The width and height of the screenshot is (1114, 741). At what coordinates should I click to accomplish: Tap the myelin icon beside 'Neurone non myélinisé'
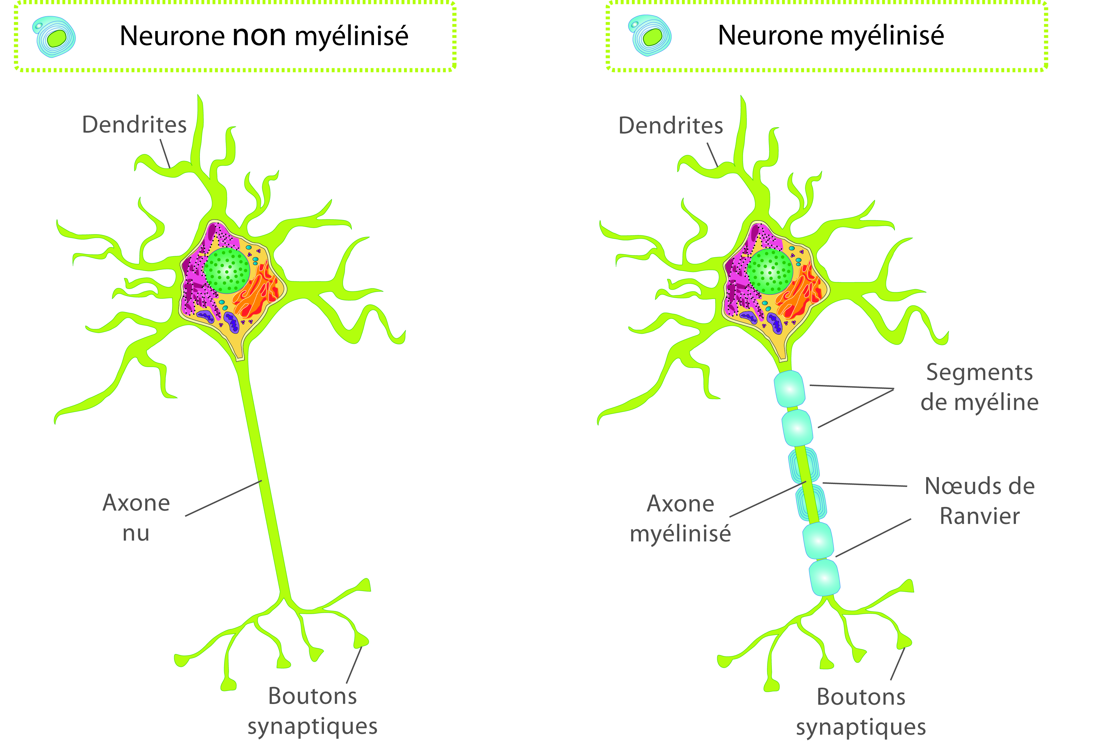click(x=54, y=37)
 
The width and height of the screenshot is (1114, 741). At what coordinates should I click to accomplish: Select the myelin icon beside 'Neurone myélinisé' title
click(x=651, y=36)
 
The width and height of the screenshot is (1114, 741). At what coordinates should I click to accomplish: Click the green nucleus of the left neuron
click(x=227, y=271)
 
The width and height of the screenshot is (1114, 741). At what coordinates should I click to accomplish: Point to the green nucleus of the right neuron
click(x=770, y=272)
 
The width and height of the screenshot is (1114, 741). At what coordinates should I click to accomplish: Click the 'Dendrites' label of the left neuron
click(x=134, y=124)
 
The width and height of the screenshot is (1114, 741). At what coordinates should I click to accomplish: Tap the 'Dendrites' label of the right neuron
click(x=671, y=126)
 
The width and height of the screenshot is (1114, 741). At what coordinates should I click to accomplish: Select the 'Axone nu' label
click(x=136, y=517)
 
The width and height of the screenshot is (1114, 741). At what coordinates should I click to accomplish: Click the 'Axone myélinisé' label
click(x=680, y=518)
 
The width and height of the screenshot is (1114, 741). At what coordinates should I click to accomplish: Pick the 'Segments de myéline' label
click(x=979, y=387)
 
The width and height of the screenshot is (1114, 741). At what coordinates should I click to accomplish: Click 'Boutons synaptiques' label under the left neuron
click(x=313, y=711)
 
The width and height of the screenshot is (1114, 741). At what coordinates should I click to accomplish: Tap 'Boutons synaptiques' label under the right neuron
click(x=861, y=712)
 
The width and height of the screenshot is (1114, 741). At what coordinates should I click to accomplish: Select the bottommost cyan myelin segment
click(x=824, y=577)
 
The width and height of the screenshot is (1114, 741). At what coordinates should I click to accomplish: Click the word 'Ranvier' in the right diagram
click(x=980, y=516)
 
